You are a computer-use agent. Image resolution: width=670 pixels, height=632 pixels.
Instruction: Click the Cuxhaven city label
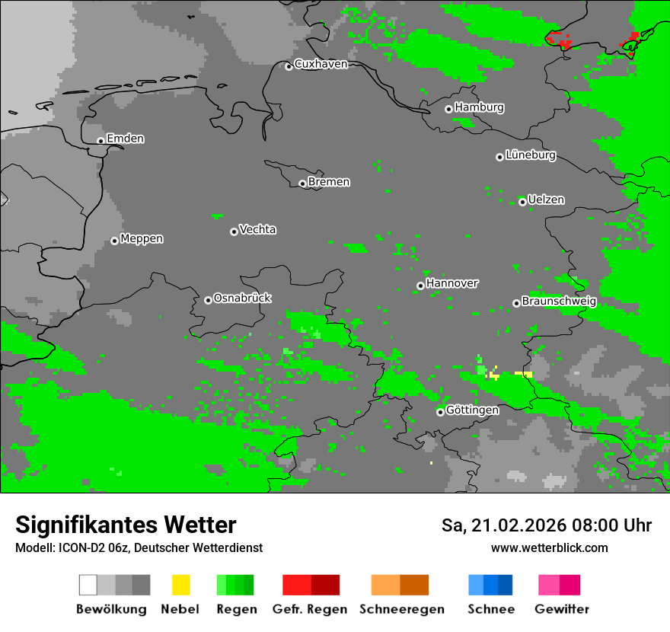[x=321, y=64]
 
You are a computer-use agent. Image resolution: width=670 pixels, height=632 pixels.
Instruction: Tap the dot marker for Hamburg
[x=448, y=109]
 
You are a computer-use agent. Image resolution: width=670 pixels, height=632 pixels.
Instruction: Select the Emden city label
[x=125, y=139]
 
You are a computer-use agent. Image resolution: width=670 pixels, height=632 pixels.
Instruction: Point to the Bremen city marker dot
[x=302, y=184]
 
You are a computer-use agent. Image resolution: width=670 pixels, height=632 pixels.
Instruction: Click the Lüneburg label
[x=531, y=155]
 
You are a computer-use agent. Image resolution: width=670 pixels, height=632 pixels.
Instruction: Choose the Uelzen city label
[x=546, y=199]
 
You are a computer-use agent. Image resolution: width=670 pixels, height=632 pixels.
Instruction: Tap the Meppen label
[x=142, y=239]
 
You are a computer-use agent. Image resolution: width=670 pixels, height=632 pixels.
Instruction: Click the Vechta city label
[x=257, y=229]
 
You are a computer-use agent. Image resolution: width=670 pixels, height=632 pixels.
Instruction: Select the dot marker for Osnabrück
[x=208, y=300]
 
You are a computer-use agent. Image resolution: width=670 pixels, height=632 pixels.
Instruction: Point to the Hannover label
[x=452, y=283]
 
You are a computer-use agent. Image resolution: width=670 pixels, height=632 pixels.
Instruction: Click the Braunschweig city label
[x=559, y=302]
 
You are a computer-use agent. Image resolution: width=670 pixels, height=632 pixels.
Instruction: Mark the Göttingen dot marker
[x=440, y=412]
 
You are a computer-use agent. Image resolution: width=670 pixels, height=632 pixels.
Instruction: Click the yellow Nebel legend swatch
[x=180, y=585]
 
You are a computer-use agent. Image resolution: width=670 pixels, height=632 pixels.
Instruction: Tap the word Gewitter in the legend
[x=561, y=609]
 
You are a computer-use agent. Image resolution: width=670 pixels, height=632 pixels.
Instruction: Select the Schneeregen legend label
[x=401, y=609]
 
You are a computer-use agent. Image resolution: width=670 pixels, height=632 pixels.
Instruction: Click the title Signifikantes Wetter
[x=126, y=525]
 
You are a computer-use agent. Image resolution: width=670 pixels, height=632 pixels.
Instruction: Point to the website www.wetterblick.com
[x=549, y=547]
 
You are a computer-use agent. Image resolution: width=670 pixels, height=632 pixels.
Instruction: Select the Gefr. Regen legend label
[x=309, y=609]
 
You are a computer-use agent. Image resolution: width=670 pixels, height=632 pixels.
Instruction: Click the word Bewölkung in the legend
[x=111, y=609]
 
